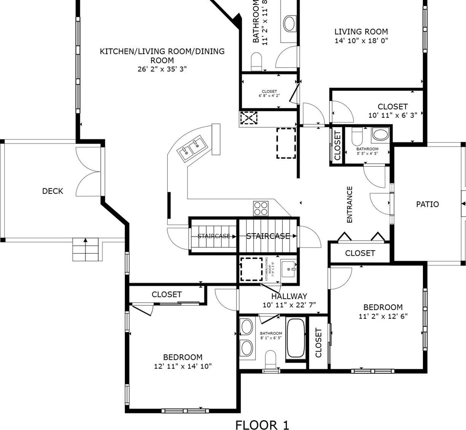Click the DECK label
pyautogui.click(x=52, y=191)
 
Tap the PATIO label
pyautogui.click(x=427, y=204)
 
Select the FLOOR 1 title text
pyautogui.click(x=262, y=425)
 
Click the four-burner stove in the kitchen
pyautogui.click(x=261, y=209)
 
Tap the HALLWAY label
pyautogui.click(x=289, y=296)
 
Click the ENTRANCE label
pyautogui.click(x=350, y=204)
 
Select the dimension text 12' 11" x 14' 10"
pyautogui.click(x=183, y=366)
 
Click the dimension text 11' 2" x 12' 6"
pyautogui.click(x=383, y=316)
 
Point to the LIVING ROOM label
pyautogui.click(x=361, y=32)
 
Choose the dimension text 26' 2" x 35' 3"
pyautogui.click(x=162, y=69)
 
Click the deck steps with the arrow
pyautogui.click(x=86, y=250)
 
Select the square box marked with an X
pyautogui.click(x=249, y=118)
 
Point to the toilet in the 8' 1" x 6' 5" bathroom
pyautogui.click(x=270, y=359)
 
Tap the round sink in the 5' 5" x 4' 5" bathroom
pyautogui.click(x=380, y=134)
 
